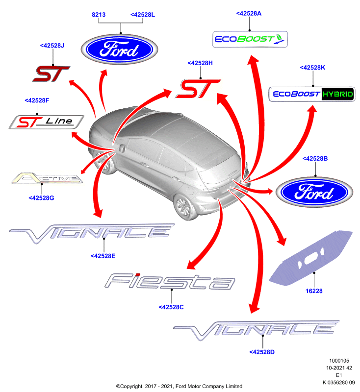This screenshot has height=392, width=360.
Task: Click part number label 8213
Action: [x=99, y=15]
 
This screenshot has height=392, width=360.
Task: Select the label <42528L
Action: [x=143, y=15]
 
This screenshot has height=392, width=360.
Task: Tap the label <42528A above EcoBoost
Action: [x=249, y=14]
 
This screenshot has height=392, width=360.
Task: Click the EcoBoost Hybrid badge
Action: [x=312, y=94]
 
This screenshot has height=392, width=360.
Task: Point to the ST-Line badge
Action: [x=46, y=122]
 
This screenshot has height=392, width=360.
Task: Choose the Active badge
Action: [x=47, y=178]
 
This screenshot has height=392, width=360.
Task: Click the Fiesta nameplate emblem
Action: [x=170, y=281]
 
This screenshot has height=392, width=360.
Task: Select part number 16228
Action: [x=314, y=291]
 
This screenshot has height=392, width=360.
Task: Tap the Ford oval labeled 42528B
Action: [x=314, y=192]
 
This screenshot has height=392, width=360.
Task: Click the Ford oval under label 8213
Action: [x=119, y=49]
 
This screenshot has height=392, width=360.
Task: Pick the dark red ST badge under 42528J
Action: [x=51, y=74]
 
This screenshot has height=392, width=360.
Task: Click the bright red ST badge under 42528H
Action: [x=198, y=89]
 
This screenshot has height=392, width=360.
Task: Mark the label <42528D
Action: [x=262, y=352]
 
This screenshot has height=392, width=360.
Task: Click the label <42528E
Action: [x=103, y=256]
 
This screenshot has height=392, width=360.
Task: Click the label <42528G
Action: [x=41, y=198]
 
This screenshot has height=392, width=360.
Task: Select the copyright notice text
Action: [x=179, y=386]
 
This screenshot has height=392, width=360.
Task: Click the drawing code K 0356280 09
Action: [x=339, y=383]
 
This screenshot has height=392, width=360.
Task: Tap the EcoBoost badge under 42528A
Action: [x=250, y=39]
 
